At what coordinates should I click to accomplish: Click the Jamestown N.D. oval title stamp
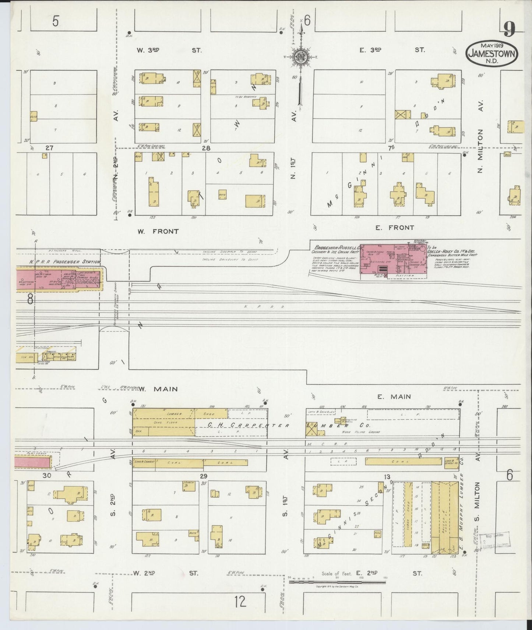pyautogui.click(x=492, y=53)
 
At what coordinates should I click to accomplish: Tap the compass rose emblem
pyautogui.click(x=300, y=57)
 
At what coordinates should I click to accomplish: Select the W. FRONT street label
pyautogui.click(x=158, y=231)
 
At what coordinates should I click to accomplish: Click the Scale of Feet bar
pyautogui.click(x=338, y=582)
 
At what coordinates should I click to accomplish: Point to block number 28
pyautogui.click(x=206, y=148)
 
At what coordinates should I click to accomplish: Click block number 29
pyautogui.click(x=204, y=476)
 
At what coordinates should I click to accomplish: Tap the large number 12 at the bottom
pyautogui.click(x=240, y=602)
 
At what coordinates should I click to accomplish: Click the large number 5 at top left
pyautogui.click(x=55, y=22)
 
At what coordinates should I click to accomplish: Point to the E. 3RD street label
pyautogui.click(x=370, y=50)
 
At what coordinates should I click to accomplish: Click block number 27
pyautogui.click(x=49, y=148)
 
